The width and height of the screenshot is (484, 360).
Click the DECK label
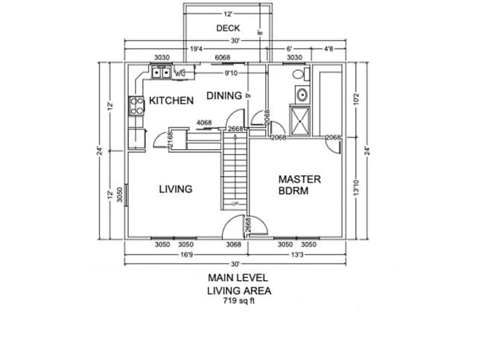point(228,28)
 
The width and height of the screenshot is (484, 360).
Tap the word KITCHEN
point(171,100)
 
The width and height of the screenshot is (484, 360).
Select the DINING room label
point(224,95)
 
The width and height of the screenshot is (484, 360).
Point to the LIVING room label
point(176,189)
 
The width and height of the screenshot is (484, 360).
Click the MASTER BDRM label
point(299,184)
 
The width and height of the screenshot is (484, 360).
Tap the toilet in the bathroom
point(299,75)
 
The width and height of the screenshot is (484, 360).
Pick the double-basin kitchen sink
point(162,73)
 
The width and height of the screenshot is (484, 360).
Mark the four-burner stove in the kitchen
point(136,105)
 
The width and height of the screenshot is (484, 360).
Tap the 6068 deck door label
point(222,57)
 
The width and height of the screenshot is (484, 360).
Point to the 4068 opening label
point(204,123)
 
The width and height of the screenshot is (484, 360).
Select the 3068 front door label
point(234,244)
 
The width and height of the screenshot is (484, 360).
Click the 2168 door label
point(171,140)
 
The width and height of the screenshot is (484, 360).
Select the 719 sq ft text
point(238,302)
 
